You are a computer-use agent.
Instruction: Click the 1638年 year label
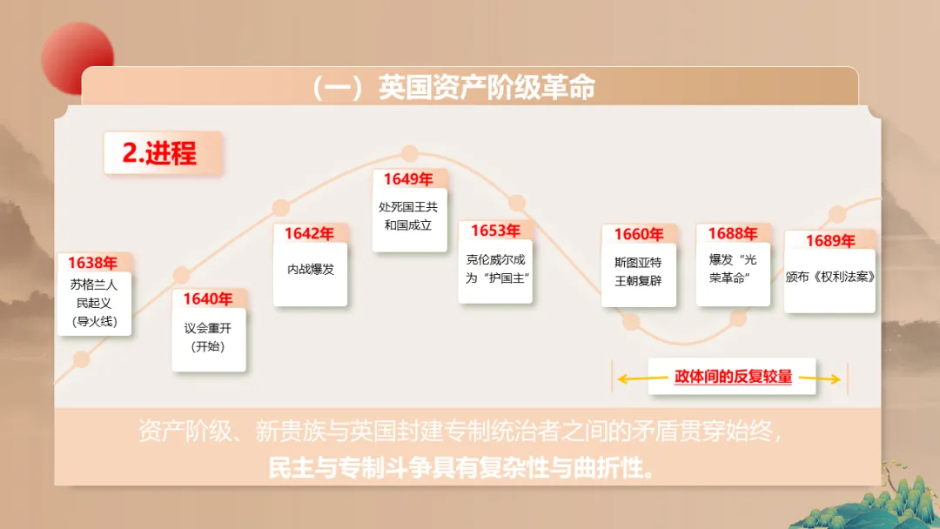click(92, 263)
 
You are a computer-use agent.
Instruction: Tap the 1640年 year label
click(207, 299)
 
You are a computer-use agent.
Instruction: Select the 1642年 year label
click(308, 233)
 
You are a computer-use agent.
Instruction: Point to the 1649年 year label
click(408, 179)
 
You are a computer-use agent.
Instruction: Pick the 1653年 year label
click(495, 231)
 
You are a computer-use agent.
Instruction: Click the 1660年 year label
click(638, 234)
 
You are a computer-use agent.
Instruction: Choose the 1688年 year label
click(732, 233)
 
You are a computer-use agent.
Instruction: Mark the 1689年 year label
click(829, 240)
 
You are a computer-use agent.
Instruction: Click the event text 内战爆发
click(310, 270)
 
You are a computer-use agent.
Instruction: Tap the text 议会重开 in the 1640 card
click(208, 329)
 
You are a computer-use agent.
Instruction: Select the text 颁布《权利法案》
click(829, 276)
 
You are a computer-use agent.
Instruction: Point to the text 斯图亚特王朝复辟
click(638, 271)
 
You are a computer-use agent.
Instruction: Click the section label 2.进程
click(160, 153)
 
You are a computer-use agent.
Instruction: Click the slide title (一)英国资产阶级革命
click(453, 88)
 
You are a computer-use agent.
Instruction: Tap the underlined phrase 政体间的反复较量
click(733, 377)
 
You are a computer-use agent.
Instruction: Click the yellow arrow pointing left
click(642, 378)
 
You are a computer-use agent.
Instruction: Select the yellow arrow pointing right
click(819, 378)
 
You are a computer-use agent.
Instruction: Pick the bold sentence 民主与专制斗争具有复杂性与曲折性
click(461, 469)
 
